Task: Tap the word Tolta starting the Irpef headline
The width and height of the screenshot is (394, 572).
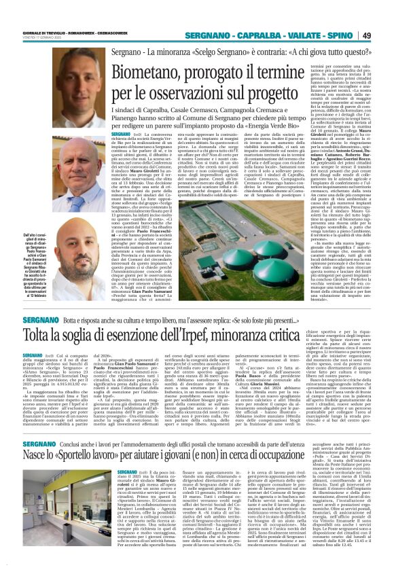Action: [x=37, y=335]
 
